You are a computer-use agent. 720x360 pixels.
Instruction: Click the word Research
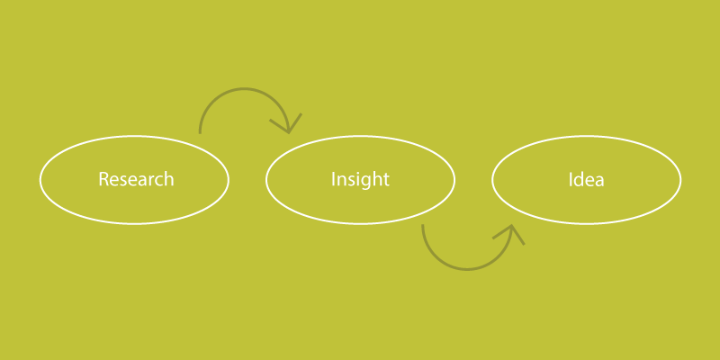137,178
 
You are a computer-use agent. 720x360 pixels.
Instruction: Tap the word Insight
361,179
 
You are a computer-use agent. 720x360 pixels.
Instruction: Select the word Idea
587,179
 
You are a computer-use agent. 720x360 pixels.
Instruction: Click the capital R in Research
103,179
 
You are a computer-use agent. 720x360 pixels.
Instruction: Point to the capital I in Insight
333,179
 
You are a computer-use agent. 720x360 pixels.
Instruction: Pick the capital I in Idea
571,179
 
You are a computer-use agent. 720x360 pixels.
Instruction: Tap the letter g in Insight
366,183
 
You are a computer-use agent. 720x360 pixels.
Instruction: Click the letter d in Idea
579,179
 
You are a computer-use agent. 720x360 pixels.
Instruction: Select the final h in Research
169,178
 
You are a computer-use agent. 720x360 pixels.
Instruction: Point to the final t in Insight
387,180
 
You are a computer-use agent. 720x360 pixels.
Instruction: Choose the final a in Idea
599,182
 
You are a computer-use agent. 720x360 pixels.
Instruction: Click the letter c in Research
159,182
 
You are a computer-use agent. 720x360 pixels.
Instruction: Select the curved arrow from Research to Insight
244,88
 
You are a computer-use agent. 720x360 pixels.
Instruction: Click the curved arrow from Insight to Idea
467,268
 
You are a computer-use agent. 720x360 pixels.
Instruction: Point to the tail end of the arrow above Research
200,133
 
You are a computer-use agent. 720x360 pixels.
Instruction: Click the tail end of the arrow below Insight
423,225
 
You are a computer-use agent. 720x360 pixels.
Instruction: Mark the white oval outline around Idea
587,136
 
